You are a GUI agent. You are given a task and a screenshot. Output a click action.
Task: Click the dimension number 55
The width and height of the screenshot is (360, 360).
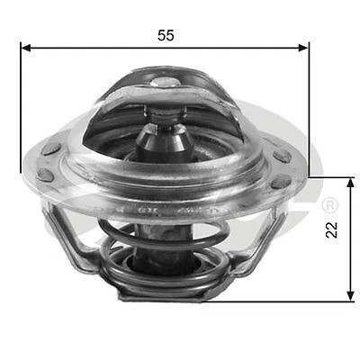click(166, 35)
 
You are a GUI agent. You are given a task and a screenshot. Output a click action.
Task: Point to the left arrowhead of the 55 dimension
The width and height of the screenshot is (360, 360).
click(25, 47)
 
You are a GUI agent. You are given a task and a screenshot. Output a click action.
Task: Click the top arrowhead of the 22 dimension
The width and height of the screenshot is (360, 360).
click(349, 183)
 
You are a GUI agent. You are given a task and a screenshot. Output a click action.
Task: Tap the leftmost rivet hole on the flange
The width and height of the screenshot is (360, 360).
click(51, 149)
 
